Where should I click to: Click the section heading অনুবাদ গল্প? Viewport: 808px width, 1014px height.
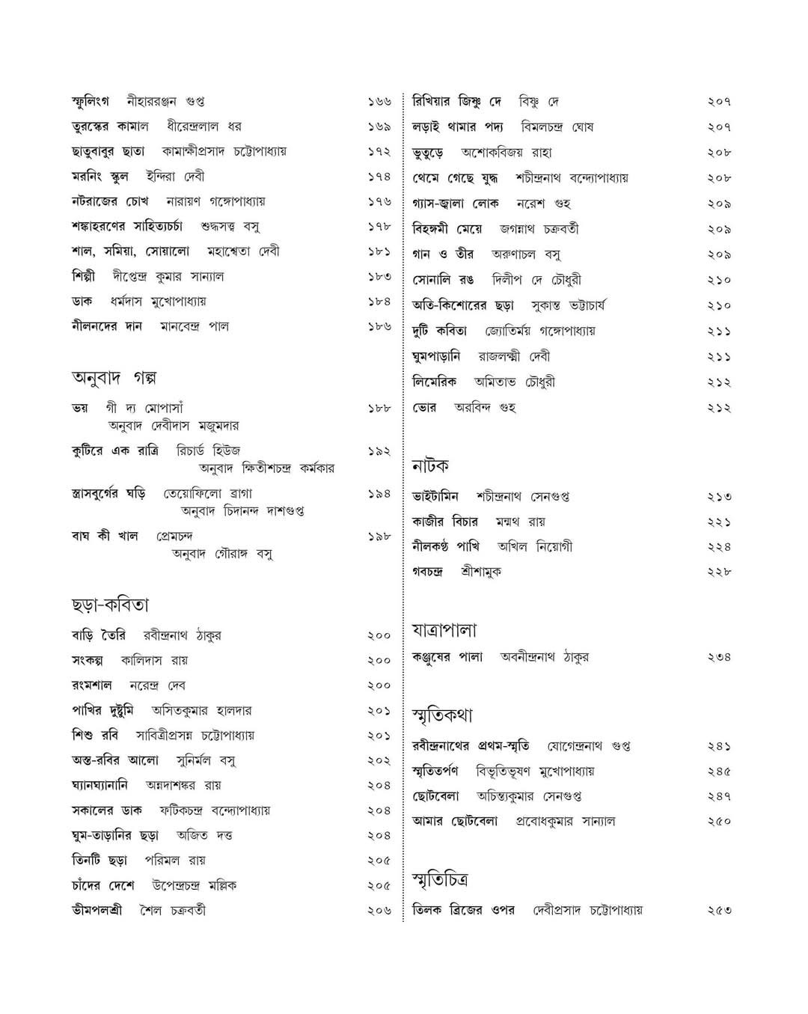coord(114,378)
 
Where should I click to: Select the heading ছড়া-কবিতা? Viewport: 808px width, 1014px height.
coord(110,605)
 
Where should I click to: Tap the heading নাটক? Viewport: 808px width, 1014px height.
coord(430,466)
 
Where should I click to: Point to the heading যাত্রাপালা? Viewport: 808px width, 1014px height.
coord(444,630)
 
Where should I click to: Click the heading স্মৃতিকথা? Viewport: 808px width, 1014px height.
coord(442,715)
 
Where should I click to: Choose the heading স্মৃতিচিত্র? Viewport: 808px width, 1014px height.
coord(441,880)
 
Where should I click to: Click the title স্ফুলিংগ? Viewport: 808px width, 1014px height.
coord(90,101)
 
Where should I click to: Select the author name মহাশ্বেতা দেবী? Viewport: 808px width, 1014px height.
coord(243,251)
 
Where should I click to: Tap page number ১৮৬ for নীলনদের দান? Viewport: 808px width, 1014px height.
coord(379,326)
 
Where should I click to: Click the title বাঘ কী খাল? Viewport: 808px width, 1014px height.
coord(105,536)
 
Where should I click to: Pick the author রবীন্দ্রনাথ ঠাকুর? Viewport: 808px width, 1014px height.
coord(183,635)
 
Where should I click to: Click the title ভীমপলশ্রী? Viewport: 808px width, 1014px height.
coord(97,910)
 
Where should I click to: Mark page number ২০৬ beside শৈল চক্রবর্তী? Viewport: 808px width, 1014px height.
coord(379,911)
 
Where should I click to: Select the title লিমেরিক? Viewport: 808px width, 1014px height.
coord(434,382)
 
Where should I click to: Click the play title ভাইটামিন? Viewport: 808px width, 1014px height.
coord(435,496)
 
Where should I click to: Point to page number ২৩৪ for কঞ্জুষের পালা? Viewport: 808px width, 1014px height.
coord(719,657)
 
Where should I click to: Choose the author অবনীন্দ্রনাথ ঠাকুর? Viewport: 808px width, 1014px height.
coord(544,657)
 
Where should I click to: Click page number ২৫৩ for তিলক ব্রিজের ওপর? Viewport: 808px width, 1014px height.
coord(719,910)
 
